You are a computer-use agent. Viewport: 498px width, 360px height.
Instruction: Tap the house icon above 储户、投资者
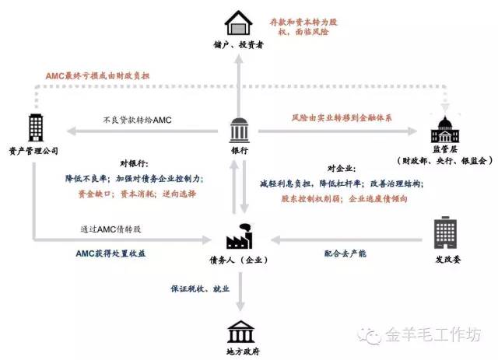[238, 21]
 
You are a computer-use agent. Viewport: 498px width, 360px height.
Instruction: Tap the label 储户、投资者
[238, 46]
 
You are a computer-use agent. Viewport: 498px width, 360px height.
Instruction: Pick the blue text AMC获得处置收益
[110, 253]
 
